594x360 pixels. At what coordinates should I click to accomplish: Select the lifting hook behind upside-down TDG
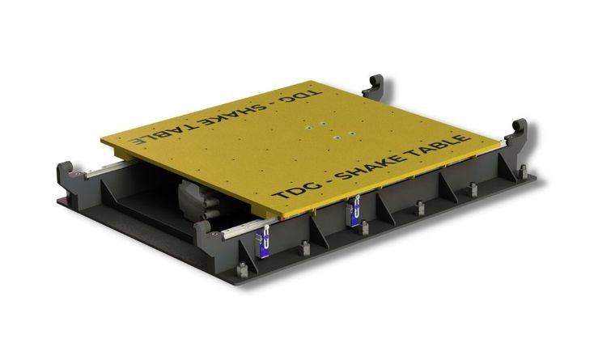coord(374,87)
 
